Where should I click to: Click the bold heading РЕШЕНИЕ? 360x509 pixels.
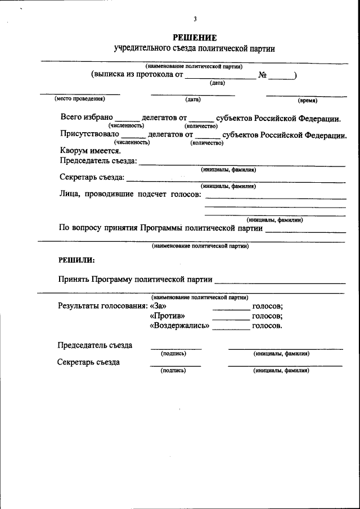click(195, 38)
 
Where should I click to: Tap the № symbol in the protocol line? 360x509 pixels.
click(262, 75)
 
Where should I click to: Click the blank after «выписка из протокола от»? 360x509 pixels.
click(220, 76)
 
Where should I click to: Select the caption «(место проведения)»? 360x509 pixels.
click(79, 99)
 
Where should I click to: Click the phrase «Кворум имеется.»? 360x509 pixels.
click(90, 150)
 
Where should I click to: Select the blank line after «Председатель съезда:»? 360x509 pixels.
click(242, 164)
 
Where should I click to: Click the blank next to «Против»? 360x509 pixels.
click(231, 317)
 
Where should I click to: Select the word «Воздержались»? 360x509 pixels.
click(179, 326)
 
